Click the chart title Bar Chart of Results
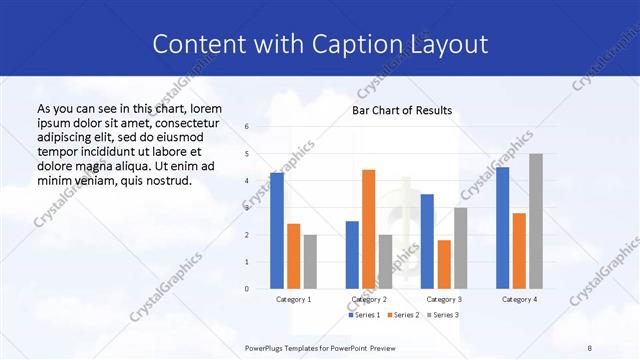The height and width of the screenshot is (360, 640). [402, 110]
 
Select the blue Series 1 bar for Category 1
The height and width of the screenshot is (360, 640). [277, 230]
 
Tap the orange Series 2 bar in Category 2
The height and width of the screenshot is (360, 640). [368, 229]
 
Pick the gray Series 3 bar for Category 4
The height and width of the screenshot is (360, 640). [536, 221]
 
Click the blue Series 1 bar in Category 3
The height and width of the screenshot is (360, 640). [427, 241]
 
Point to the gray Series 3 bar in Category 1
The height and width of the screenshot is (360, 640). [310, 261]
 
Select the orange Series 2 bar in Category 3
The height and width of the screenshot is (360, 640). [444, 264]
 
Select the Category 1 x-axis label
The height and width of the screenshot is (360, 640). [293, 299]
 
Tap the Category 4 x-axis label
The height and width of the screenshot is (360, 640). [519, 299]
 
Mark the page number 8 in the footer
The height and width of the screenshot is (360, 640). [590, 346]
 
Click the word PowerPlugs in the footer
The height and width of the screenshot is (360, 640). [265, 346]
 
